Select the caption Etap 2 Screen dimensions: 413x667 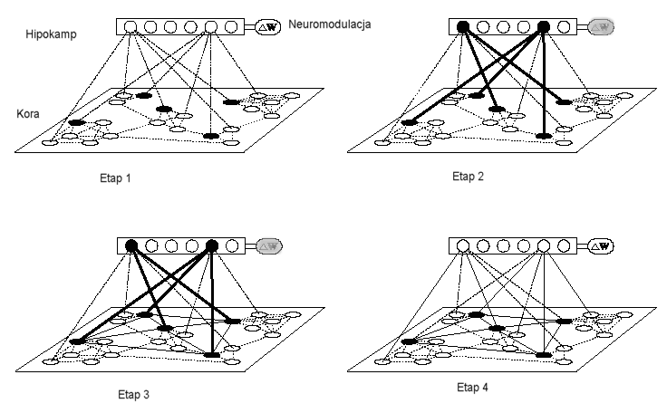coord(468,177)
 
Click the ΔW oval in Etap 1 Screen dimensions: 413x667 coord(270,28)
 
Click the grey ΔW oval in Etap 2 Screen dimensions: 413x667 coord(602,27)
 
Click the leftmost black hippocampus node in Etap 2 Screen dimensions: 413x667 coord(463,27)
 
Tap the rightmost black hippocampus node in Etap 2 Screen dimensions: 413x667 coord(545,27)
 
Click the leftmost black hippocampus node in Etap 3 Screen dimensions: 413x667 coord(130,246)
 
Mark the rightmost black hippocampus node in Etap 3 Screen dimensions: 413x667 coord(212,246)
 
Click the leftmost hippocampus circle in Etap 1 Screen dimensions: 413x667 coord(130,28)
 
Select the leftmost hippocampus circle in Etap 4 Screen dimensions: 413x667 coord(463,245)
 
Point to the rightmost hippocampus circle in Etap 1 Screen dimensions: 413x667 coord(232,28)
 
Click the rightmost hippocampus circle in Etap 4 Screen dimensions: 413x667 coord(565,245)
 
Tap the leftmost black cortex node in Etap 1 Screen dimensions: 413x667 coord(76,122)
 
